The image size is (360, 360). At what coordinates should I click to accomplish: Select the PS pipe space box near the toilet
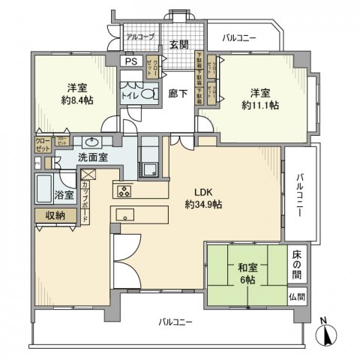[130, 62]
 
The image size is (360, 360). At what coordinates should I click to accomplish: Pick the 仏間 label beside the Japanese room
[296, 297]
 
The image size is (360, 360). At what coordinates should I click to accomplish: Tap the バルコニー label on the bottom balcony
[175, 322]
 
